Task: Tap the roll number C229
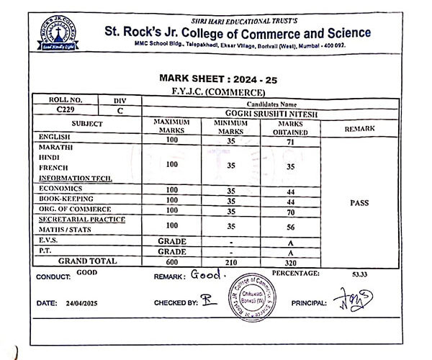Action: pyautogui.click(x=65, y=111)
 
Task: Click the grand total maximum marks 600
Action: pyautogui.click(x=171, y=263)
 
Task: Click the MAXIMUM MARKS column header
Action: pyautogui.click(x=171, y=127)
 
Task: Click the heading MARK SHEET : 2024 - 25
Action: pyautogui.click(x=216, y=78)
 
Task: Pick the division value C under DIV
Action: pyautogui.click(x=120, y=111)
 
